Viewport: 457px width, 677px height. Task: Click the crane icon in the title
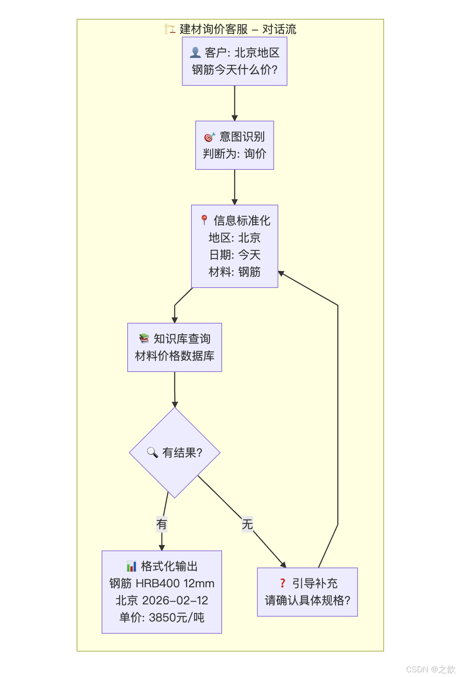[x=170, y=29]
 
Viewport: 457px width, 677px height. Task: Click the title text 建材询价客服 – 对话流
[x=238, y=29]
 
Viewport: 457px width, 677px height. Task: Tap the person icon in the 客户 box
[x=195, y=53]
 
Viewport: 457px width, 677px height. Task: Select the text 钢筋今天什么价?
[x=235, y=70]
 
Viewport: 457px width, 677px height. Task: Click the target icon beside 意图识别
[x=209, y=137]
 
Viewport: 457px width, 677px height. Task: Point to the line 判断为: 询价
[x=235, y=154]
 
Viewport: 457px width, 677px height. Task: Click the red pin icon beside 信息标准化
[x=204, y=220]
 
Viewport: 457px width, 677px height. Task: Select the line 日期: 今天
[x=235, y=255]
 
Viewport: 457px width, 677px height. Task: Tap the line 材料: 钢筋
[x=235, y=272]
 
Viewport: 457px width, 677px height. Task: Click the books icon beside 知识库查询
[x=144, y=338]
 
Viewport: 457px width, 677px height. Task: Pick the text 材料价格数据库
[x=175, y=356]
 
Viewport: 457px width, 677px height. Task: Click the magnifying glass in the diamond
[x=153, y=452]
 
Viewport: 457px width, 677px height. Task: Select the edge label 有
[x=161, y=524]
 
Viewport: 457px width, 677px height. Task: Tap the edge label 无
[x=247, y=524]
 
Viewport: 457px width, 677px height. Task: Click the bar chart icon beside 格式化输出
[x=132, y=566]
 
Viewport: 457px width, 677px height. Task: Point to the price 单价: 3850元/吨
[x=162, y=618]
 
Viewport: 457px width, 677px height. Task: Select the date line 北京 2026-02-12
[x=162, y=600]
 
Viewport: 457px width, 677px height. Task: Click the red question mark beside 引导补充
[x=283, y=583]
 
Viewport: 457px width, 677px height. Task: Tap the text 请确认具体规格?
[x=307, y=600]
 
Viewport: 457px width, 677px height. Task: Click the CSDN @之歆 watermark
[x=430, y=669]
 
